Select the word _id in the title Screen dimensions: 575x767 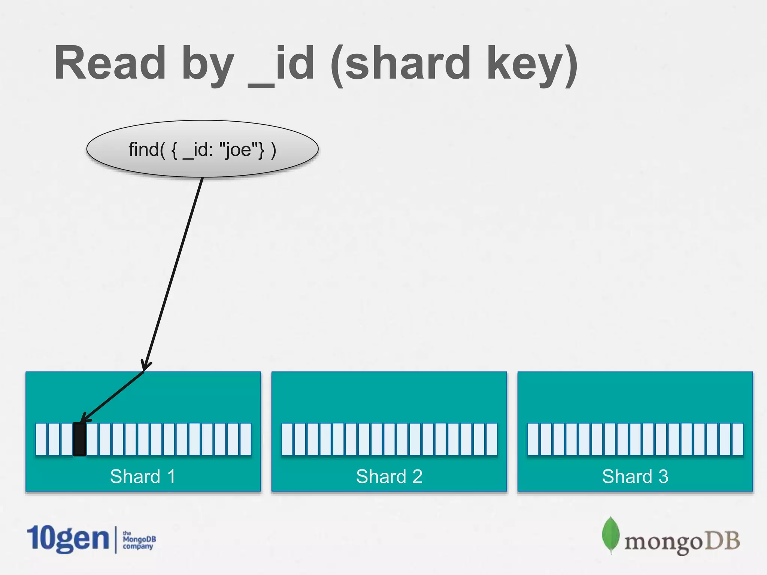pos(281,64)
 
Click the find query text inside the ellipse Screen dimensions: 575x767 pos(202,149)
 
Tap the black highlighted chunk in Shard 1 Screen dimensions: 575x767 pos(79,439)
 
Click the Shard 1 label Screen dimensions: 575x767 pos(143,477)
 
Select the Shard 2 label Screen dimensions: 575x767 pos(389,477)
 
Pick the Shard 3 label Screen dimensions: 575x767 pos(635,477)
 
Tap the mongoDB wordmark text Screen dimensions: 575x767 pos(682,541)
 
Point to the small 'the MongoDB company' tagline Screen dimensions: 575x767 pos(139,540)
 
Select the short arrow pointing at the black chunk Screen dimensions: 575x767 pos(112,397)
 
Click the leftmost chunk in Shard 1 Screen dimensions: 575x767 pos(41,439)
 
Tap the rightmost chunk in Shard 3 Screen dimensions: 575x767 pos(737,439)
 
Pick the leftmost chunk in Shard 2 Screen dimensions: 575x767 pos(287,439)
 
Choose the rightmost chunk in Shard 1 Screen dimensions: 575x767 pos(246,439)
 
